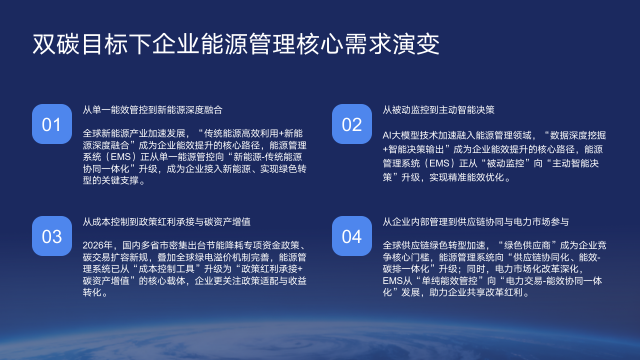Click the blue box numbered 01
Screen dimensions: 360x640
coord(52,125)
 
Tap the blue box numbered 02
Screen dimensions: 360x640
coord(352,125)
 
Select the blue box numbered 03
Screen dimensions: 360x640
coord(52,237)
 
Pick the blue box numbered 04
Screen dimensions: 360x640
coord(352,237)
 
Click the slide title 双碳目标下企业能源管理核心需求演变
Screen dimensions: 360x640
coord(235,46)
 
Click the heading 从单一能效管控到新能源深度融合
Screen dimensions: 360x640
coord(152,109)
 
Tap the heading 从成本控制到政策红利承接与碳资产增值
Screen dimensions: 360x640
coord(166,221)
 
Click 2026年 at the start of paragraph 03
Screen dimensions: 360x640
coord(97,244)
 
